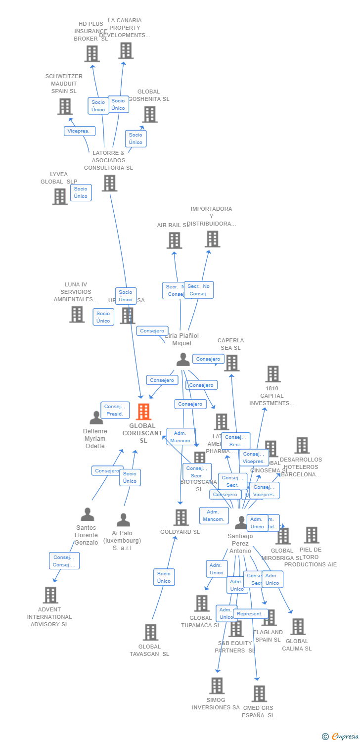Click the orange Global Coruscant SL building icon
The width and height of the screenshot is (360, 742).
click(x=143, y=412)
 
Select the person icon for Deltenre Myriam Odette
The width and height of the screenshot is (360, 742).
click(x=96, y=417)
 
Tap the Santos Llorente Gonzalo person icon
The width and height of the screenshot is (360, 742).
click(x=88, y=514)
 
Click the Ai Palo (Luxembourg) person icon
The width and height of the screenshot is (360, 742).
click(x=123, y=520)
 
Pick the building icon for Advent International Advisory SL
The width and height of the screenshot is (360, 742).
click(x=50, y=595)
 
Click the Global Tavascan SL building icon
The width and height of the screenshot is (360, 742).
click(x=150, y=632)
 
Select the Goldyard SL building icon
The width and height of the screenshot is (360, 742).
click(x=181, y=517)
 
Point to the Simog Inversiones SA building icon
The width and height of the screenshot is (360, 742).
click(x=217, y=686)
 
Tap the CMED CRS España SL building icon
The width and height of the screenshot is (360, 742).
click(x=259, y=694)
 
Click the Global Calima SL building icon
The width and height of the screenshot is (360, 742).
click(x=298, y=627)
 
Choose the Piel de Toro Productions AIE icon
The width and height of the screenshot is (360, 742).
click(x=311, y=535)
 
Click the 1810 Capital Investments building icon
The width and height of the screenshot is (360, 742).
click(x=272, y=374)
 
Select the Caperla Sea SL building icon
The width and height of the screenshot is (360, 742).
click(x=231, y=363)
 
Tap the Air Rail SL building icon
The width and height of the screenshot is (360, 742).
click(x=174, y=240)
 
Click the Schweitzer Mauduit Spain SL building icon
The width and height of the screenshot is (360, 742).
click(x=65, y=106)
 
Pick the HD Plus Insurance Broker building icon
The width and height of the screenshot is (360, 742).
click(x=92, y=53)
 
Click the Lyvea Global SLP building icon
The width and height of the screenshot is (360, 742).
click(x=60, y=196)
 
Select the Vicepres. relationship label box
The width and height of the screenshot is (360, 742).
click(x=79, y=131)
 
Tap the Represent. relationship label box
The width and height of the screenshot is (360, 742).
click(x=250, y=614)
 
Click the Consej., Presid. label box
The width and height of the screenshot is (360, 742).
click(x=115, y=410)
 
